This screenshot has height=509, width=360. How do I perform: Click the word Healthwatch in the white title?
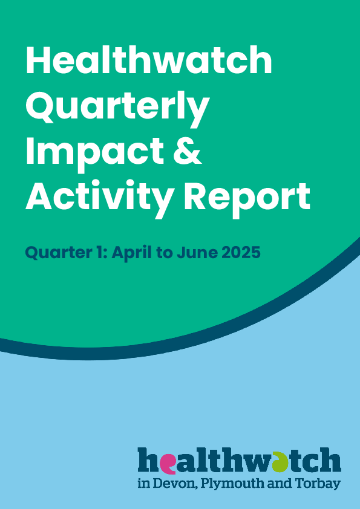click(149, 60)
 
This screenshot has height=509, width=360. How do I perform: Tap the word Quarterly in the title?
click(117, 108)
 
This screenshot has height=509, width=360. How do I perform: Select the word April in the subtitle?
click(130, 253)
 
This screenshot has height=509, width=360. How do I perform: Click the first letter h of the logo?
click(148, 459)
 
